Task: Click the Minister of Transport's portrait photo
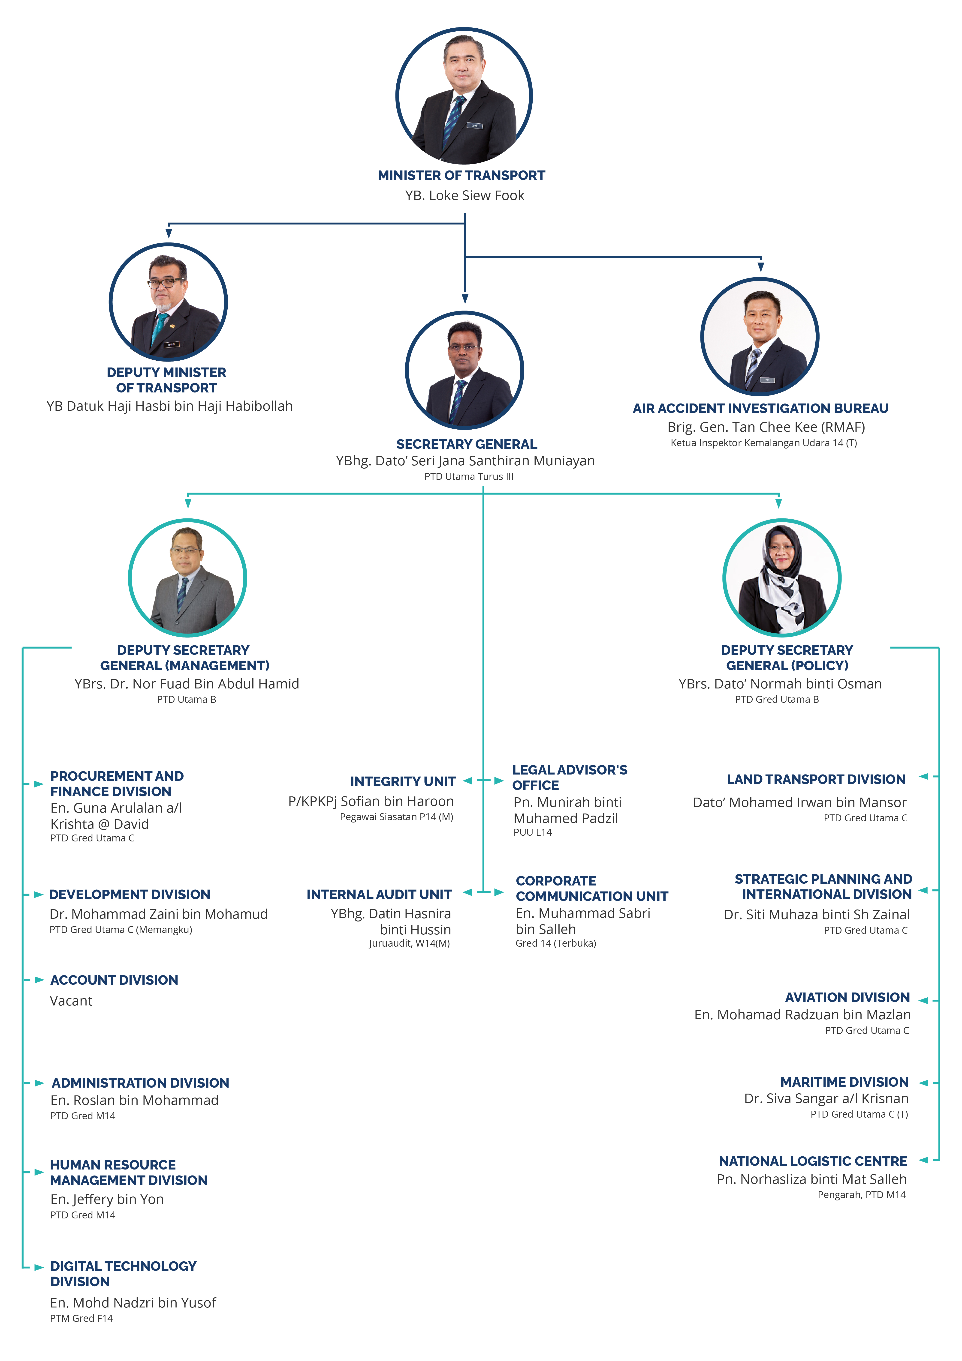point(464,96)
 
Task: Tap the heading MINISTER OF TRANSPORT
point(461,175)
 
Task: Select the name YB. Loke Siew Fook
point(464,196)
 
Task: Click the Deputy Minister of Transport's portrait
point(169,302)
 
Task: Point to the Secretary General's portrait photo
point(464,371)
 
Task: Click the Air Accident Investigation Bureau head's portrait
point(760,337)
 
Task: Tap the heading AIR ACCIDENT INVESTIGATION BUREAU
point(760,408)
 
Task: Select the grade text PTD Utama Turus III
point(469,477)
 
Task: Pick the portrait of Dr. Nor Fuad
point(187,578)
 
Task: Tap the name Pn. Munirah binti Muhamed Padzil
point(567,810)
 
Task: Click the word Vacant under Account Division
point(71,1001)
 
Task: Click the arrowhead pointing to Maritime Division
point(923,1083)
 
